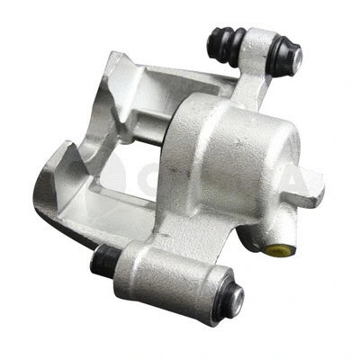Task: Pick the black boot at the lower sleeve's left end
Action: (103, 260)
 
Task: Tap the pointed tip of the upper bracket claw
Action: (113, 59)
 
